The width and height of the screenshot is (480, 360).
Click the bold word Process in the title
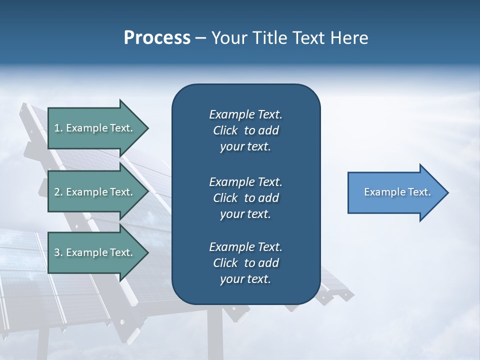coord(157,38)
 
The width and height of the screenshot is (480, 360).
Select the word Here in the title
coord(350,38)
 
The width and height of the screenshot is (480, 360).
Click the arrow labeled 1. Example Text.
coord(95,128)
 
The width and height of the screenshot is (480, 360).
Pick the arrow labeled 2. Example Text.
coord(95,192)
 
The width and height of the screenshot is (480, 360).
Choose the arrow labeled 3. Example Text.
coord(95,252)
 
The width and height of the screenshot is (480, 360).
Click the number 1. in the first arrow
coord(58,128)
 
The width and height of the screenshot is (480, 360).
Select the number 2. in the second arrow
coord(58,192)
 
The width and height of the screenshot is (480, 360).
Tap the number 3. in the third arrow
coord(58,252)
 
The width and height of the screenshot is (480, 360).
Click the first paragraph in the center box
coord(245,130)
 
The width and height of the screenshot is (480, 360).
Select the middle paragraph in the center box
coord(245,198)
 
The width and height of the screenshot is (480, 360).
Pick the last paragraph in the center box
coord(245,263)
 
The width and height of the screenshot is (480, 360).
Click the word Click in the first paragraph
coord(225,131)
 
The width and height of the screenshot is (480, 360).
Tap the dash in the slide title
coord(200,38)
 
